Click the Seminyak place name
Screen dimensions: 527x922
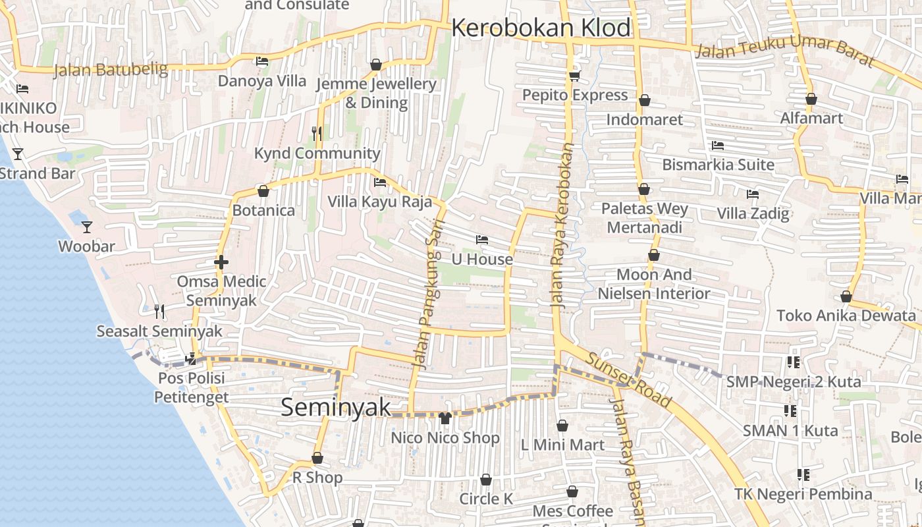point(336,407)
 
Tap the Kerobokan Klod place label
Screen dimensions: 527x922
point(541,28)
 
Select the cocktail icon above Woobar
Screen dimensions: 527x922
point(87,227)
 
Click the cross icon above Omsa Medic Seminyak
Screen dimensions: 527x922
point(221,262)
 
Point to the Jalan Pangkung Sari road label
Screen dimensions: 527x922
point(429,294)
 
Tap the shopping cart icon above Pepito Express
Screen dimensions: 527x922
point(574,76)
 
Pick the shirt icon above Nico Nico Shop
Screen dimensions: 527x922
point(445,418)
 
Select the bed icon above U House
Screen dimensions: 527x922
point(482,240)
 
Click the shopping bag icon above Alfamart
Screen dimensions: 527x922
point(811,99)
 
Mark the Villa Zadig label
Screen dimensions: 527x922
point(753,213)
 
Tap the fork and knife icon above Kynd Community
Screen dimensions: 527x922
point(317,134)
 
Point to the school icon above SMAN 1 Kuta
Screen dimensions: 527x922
point(790,411)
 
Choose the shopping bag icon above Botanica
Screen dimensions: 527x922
point(263,192)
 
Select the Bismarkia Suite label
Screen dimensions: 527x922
point(718,164)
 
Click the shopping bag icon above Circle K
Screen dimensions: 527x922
point(486,480)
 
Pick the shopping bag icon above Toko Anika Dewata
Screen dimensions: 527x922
point(846,297)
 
